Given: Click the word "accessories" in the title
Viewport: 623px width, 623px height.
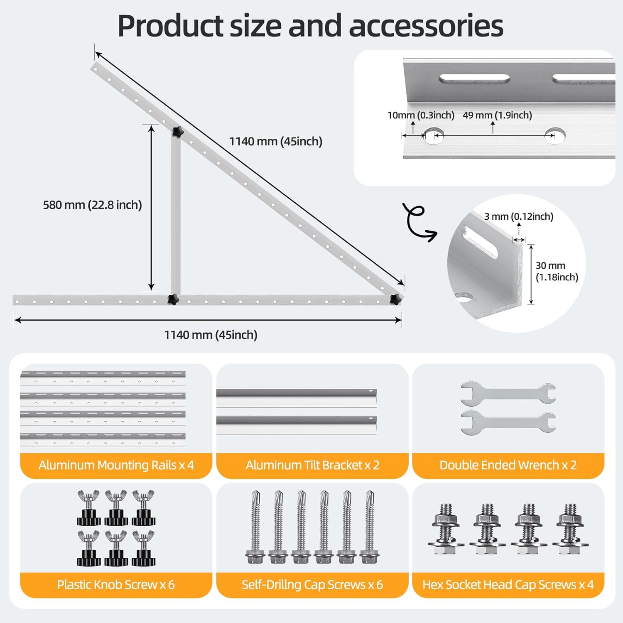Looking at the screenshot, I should click(x=426, y=26).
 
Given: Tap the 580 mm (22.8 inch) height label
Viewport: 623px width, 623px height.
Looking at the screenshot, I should click(x=92, y=205).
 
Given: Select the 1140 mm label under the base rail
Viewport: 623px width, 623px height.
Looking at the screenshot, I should click(x=211, y=335).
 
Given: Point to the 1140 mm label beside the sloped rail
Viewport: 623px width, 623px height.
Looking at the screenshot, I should click(x=276, y=142).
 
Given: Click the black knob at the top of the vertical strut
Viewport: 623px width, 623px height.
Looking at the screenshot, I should click(x=177, y=132).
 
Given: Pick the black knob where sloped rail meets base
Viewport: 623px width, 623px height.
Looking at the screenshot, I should click(x=395, y=298).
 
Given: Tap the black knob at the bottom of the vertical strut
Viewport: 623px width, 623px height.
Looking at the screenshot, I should click(x=173, y=299).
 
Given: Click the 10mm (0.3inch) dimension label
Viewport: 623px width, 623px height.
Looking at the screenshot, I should click(x=420, y=115).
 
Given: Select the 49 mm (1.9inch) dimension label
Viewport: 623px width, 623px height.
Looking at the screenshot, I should click(x=497, y=115).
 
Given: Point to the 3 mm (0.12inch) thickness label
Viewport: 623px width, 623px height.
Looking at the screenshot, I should click(x=519, y=216).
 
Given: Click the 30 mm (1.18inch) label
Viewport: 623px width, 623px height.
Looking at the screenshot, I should click(x=557, y=271).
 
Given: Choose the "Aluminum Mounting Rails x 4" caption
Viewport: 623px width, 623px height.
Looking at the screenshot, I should click(x=116, y=465).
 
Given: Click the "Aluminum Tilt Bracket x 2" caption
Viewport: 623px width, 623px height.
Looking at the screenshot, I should click(x=312, y=465).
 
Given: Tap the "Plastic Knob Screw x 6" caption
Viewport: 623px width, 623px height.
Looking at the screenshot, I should click(x=116, y=585).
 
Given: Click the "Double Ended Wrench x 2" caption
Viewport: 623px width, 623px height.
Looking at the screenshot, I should click(x=508, y=465).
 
